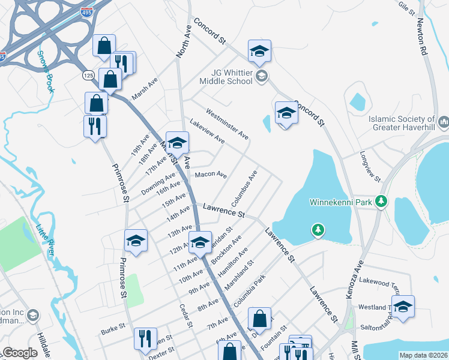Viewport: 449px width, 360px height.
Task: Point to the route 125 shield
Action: (88, 75)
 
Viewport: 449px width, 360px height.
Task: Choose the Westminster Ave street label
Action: (227, 124)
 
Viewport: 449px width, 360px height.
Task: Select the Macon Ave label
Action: (211, 175)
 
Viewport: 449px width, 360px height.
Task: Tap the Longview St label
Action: (370, 169)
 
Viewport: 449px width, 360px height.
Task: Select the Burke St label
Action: (112, 329)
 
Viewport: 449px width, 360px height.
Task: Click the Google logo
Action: (19, 353)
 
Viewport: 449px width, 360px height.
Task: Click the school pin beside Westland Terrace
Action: (403, 307)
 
